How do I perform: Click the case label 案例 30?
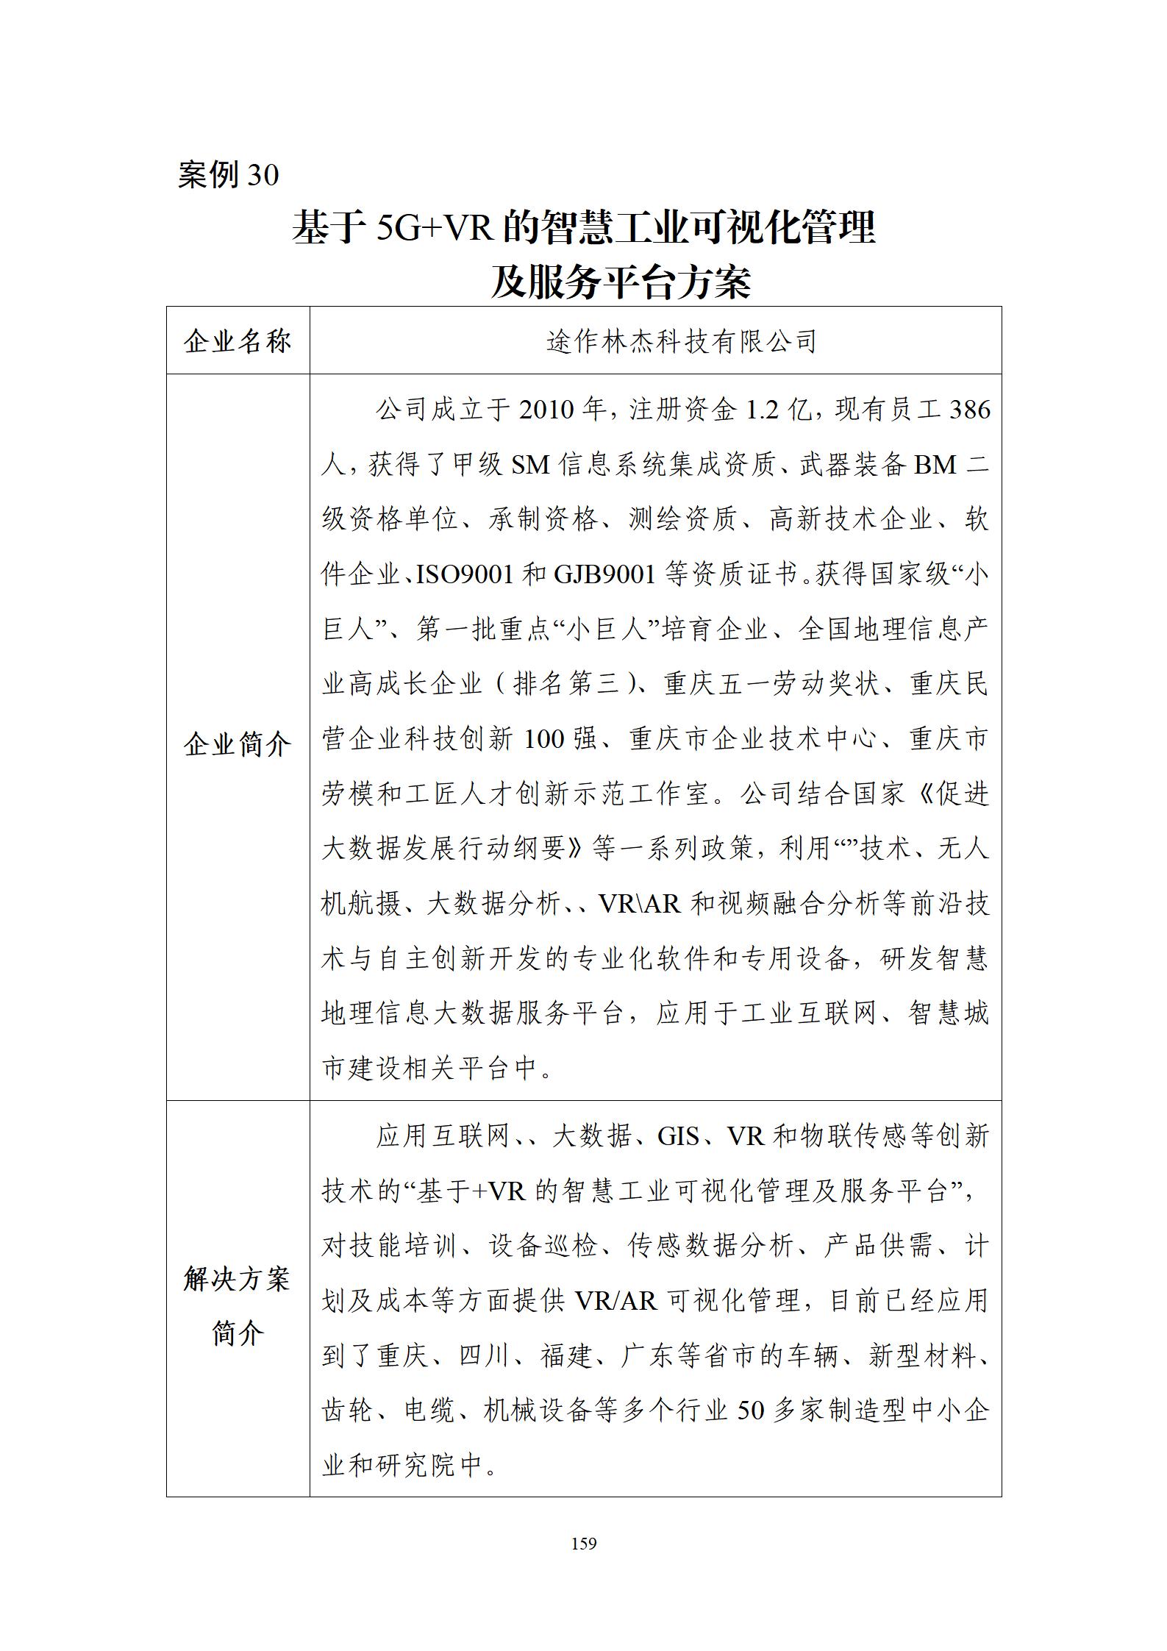click(x=228, y=175)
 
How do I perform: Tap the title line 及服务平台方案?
click(x=621, y=282)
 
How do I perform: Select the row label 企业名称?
click(x=238, y=341)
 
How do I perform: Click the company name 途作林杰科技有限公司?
click(x=682, y=341)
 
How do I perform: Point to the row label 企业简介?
click(x=238, y=745)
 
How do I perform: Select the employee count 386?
click(x=970, y=410)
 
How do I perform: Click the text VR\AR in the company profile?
click(x=640, y=903)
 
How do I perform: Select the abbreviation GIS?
click(x=678, y=1136)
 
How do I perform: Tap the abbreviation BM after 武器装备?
click(x=935, y=465)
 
